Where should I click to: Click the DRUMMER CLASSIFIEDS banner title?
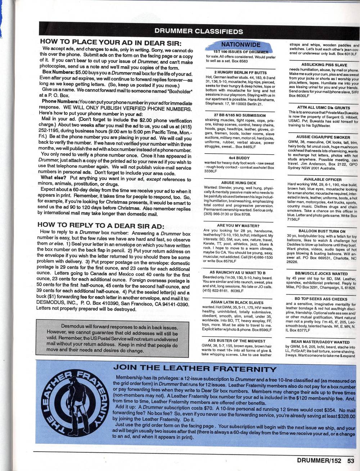198,31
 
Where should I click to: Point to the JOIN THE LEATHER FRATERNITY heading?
195,369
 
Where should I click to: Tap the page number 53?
351,460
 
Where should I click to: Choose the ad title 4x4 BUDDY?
237,157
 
